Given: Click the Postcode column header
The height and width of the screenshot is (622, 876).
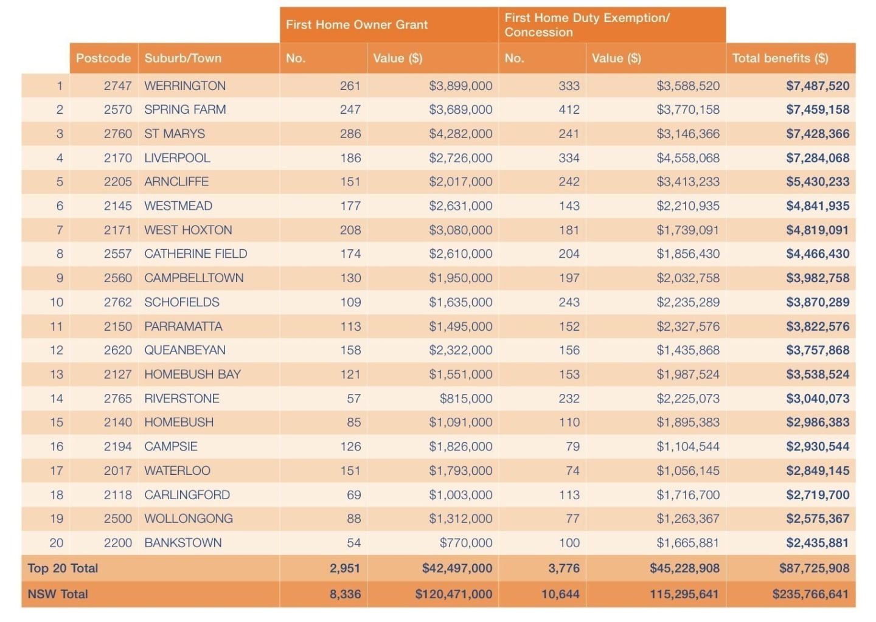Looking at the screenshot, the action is coord(103,58).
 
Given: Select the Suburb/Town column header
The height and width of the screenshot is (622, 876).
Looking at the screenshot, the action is coord(182,58).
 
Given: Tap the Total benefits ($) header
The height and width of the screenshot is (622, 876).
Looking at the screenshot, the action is coord(780,58).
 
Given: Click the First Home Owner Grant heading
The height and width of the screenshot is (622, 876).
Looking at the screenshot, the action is coord(356,25).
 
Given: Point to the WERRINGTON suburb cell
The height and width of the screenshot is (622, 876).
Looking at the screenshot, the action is coord(185,86).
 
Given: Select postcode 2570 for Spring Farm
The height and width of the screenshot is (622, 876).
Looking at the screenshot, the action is coord(118,109).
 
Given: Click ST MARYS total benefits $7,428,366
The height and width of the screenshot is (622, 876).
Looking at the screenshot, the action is coord(818,134).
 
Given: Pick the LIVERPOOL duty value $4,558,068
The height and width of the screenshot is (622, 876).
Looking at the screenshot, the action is coord(688,158).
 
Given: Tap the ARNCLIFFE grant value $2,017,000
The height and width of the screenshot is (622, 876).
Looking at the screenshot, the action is coord(461,182).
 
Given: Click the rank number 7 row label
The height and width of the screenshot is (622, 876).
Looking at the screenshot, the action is coord(60,230).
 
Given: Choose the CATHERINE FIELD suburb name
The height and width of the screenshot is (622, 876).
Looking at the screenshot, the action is coord(195,254).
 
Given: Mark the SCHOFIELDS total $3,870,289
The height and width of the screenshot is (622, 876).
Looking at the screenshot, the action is coord(818,302).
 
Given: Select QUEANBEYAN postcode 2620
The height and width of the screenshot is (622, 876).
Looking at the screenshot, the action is coord(118,350).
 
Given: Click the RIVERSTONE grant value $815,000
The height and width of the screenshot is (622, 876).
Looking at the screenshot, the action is coord(466,398).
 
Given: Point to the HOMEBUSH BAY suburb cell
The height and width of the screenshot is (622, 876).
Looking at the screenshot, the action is coord(192,374).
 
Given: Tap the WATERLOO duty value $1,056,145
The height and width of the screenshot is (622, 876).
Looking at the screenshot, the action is coord(688,471).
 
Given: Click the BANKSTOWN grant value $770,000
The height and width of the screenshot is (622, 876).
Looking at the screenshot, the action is coord(466,542).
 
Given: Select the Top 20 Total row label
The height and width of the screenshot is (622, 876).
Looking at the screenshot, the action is coord(63,568).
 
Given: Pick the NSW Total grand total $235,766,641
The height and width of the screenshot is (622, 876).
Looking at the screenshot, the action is coord(810,594).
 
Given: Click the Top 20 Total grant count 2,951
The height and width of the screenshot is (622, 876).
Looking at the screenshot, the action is coord(344,568).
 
